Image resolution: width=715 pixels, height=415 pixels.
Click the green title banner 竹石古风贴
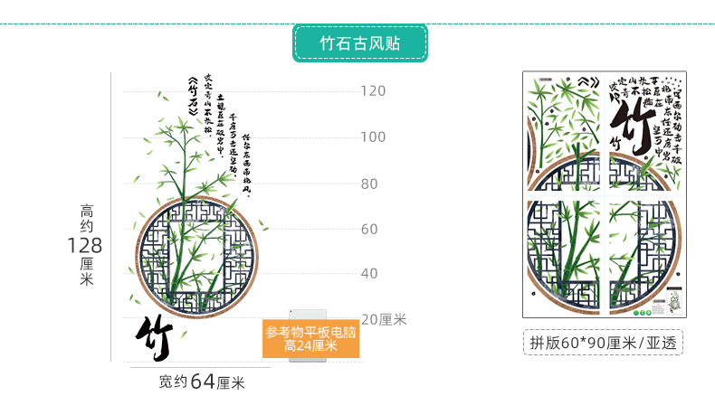coord(359,43)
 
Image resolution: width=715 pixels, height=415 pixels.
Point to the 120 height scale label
coord(373,90)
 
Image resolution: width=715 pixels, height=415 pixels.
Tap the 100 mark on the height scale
coord(373,137)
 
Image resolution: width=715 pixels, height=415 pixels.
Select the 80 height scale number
coord(369,184)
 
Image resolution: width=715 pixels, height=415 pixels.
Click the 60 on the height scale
coord(369,230)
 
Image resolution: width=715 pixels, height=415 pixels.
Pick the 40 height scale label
coord(369,274)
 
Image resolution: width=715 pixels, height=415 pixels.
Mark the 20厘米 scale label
coord(384,319)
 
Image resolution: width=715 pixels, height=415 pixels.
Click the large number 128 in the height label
coord(84,245)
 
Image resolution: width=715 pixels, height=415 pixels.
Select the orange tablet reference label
coord(310,338)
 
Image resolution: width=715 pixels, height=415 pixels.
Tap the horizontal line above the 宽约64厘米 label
coord(200,367)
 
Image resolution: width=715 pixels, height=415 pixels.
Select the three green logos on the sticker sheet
coord(642,314)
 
